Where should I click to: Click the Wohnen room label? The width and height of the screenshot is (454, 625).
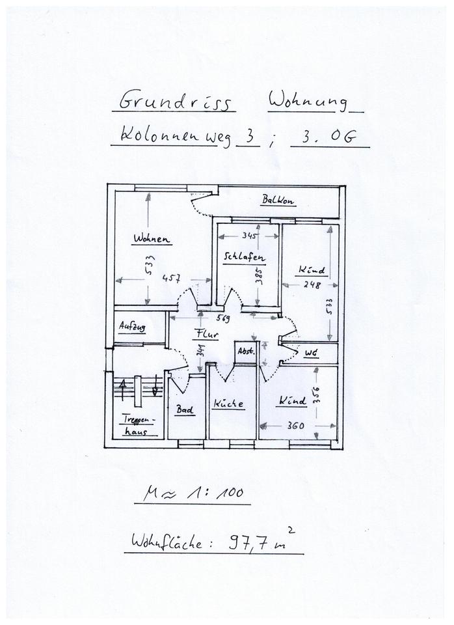[x=152, y=239]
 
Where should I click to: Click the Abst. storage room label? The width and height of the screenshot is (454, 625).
[x=246, y=351]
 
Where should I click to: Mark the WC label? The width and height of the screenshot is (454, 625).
[x=310, y=353]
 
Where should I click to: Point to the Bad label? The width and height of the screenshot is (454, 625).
[x=183, y=410]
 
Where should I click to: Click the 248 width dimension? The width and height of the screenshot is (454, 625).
[x=311, y=284]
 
